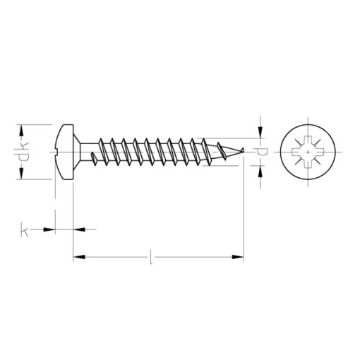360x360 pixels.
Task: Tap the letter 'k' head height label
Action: tap(26, 229)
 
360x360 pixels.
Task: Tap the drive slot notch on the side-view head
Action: tap(57, 150)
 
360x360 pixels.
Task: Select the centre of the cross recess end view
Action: tap(308, 151)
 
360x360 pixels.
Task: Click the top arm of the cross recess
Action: tap(308, 138)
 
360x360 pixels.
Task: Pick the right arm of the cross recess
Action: tap(321, 151)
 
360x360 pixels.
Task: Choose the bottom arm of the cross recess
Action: tap(308, 164)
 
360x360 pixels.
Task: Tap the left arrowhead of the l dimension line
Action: tap(78, 256)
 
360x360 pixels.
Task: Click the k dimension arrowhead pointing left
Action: tap(78, 229)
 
